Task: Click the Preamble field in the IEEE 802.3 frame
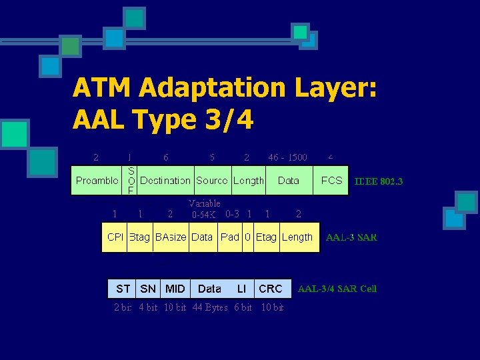tap(97, 180)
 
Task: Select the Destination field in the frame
tap(165, 180)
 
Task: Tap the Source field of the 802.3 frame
tap(211, 180)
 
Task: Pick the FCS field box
tap(331, 180)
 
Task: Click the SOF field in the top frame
tap(131, 180)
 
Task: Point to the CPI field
tap(115, 237)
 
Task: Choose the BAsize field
tap(171, 237)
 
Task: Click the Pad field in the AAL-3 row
tap(229, 237)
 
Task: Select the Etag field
tap(266, 237)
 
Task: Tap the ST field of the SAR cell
tap(123, 289)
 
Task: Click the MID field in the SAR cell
tap(175, 289)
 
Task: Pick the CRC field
tap(271, 289)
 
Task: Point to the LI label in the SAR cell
tap(241, 289)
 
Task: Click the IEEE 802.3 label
tap(379, 181)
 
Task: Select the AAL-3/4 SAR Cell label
tap(337, 289)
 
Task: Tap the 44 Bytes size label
tap(210, 307)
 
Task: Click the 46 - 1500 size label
tap(287, 157)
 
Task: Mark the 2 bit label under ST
tap(123, 307)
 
